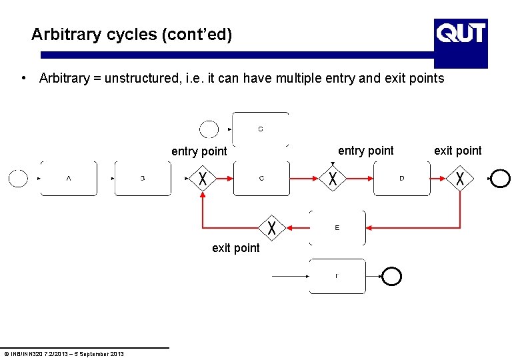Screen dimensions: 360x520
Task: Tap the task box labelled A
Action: (69, 178)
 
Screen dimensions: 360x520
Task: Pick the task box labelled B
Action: (143, 178)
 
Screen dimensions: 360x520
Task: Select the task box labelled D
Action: (401, 178)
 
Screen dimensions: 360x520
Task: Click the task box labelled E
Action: (337, 228)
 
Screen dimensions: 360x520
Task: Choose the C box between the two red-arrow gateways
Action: (261, 178)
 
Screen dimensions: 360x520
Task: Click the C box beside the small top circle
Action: (261, 129)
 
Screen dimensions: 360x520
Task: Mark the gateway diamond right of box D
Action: (460, 178)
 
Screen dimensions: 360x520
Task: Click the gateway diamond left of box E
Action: (272, 227)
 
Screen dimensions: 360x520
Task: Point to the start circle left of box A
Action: (18, 178)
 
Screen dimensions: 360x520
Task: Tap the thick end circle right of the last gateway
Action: (499, 178)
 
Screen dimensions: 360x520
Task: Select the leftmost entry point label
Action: (199, 151)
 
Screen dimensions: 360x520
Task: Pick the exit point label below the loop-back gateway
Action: (236, 248)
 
